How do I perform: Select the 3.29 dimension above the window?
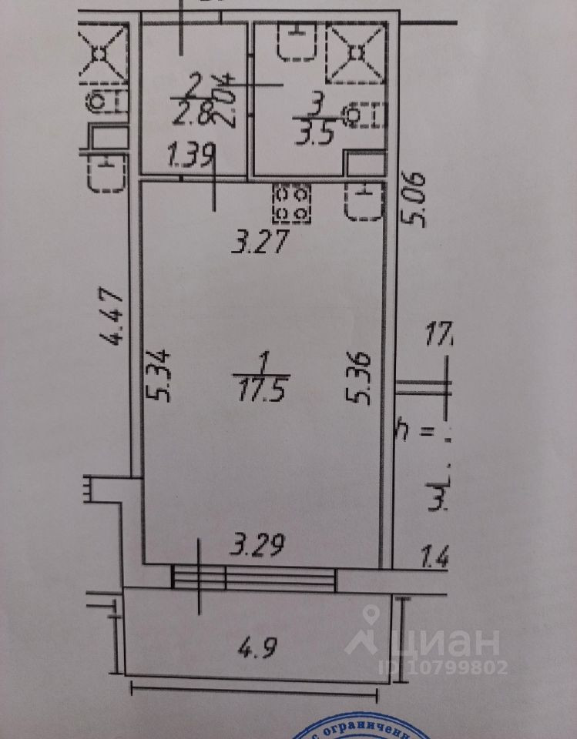260,546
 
